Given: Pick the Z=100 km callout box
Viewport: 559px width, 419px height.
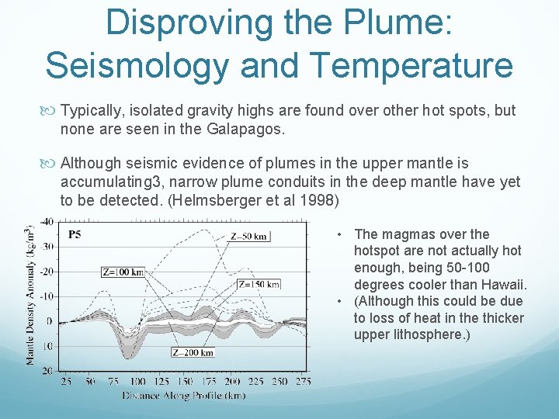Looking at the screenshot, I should point(123,272).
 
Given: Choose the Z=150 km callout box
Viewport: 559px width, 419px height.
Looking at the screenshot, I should point(259,284).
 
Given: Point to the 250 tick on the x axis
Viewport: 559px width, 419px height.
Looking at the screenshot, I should point(279,382).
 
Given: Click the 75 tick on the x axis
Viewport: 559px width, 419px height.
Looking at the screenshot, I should point(113,382).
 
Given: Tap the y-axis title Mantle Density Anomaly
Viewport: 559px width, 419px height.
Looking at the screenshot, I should point(30,295).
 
